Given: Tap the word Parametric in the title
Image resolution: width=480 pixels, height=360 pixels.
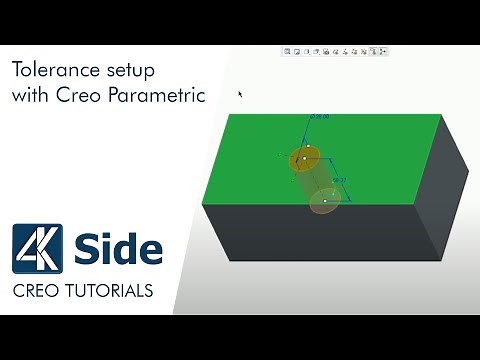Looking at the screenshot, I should [161, 96].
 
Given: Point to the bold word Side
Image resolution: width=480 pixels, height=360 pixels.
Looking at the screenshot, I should [119, 249].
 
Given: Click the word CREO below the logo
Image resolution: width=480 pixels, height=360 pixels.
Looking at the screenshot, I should [39, 291].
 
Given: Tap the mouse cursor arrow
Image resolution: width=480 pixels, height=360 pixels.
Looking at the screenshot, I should [240, 94].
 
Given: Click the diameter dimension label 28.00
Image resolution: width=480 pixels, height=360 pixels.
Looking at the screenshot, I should [319, 117].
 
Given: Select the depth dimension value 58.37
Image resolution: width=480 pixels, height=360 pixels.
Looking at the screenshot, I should [339, 180].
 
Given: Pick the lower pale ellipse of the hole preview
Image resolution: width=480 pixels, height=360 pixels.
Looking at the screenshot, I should [323, 202].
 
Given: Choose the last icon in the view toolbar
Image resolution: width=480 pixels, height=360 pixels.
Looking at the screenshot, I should [383, 50].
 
